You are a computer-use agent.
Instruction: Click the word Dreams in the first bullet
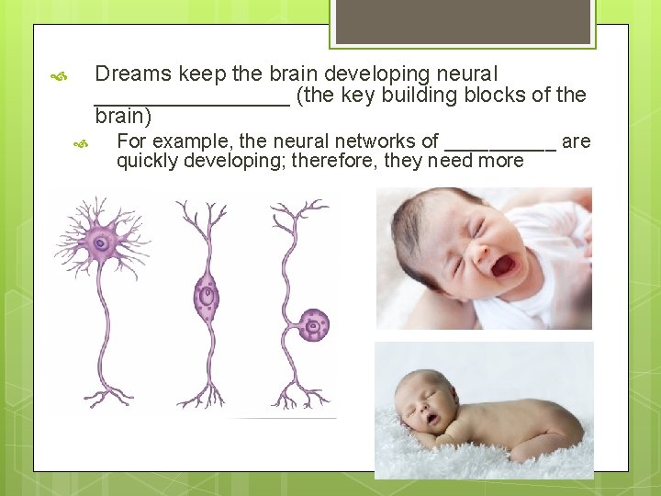[x=133, y=73]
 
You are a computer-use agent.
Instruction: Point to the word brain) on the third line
[x=123, y=118]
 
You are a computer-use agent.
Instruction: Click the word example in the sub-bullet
[x=190, y=141]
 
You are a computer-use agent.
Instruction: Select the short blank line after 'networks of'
[x=499, y=147]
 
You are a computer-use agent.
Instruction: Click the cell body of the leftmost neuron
[x=100, y=243]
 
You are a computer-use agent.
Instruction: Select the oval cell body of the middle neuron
[x=207, y=297]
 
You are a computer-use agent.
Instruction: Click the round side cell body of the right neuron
[x=314, y=324]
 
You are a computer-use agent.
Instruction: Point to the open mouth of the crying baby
[x=504, y=265]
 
